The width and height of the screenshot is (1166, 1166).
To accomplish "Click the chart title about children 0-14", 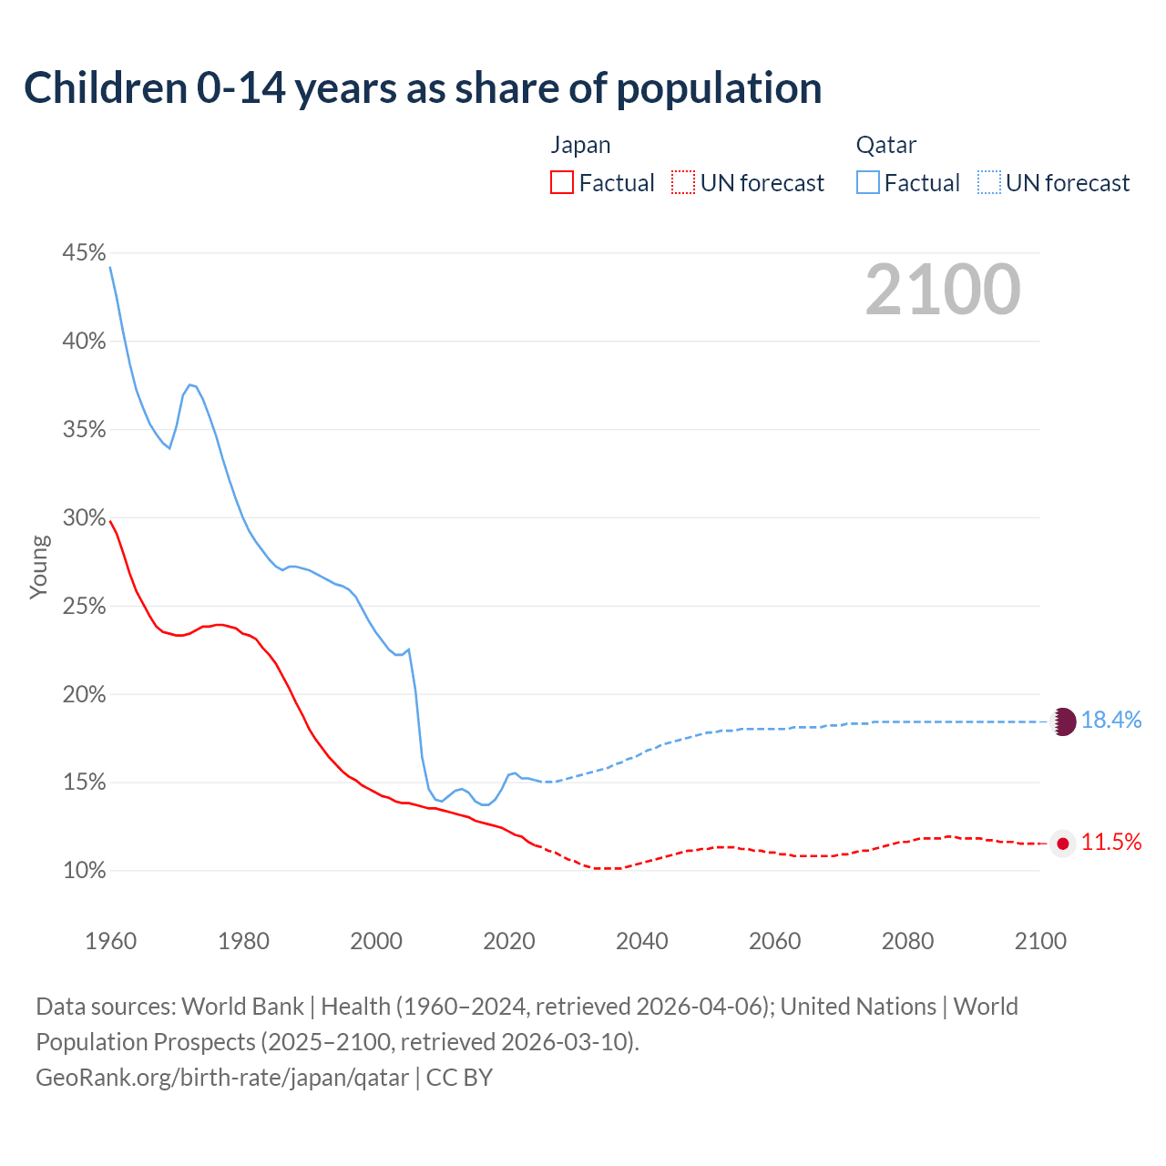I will tap(423, 88).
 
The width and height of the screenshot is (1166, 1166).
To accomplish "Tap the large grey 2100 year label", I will tap(943, 290).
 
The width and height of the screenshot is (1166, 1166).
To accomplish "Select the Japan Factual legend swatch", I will tap(562, 183).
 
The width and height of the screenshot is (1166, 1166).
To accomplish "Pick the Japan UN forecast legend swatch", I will tap(683, 183).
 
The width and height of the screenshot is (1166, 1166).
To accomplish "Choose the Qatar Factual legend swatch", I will tap(868, 183).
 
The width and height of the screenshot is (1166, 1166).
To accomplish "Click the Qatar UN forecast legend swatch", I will tap(989, 183).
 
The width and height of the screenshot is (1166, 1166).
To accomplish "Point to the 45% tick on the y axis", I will tap(84, 252).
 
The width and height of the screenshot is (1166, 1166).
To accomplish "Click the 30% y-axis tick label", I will tap(84, 517).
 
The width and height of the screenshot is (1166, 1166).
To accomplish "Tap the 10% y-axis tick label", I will tap(84, 871).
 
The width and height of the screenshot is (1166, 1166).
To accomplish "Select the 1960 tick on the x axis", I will tap(110, 941).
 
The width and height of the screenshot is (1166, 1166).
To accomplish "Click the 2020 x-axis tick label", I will tap(508, 941).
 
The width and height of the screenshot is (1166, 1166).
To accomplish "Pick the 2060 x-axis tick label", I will tap(774, 941).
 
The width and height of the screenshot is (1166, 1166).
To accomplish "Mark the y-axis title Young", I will tap(39, 567).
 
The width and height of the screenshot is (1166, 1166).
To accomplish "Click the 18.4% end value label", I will tap(1111, 721).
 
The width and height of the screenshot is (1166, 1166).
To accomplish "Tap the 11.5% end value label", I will tap(1111, 843).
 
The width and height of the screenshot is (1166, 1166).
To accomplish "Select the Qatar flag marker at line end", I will tap(1064, 721).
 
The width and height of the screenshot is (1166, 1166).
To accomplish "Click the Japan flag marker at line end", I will tap(1063, 844).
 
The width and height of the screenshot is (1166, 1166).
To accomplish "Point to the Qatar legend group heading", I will tap(885, 146).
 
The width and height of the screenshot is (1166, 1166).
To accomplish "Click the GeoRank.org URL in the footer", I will tap(222, 1078).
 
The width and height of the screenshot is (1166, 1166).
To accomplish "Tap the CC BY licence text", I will tap(459, 1078).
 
